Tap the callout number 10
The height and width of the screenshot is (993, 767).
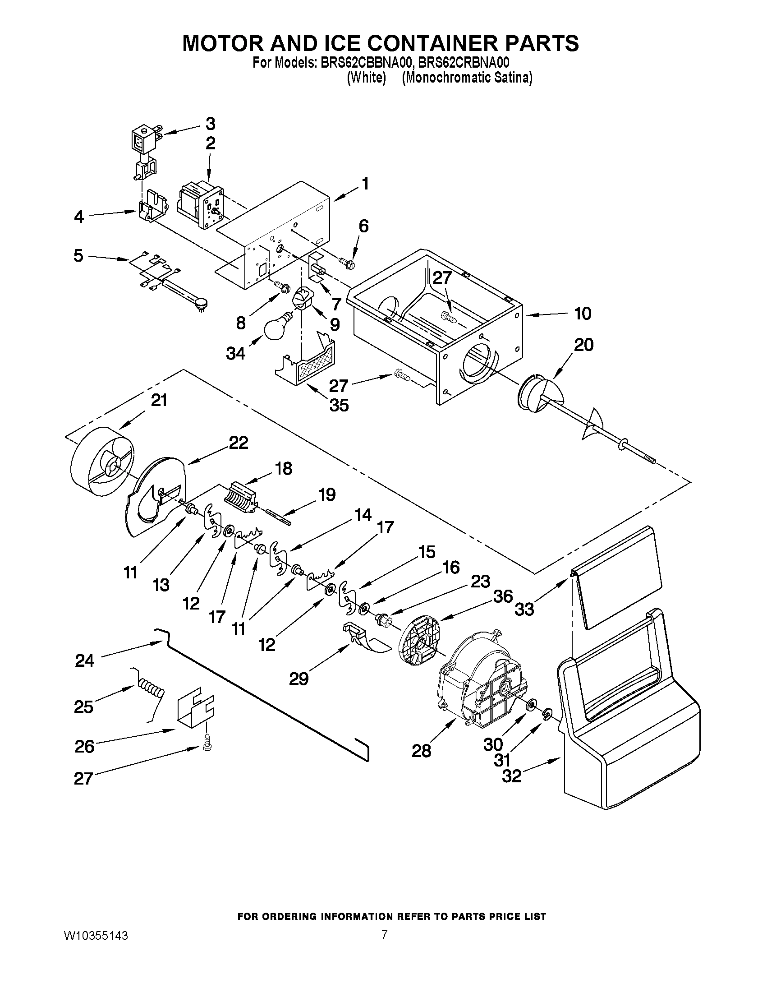(583, 313)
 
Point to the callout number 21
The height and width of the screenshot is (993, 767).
(159, 400)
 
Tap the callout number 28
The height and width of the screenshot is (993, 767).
(421, 750)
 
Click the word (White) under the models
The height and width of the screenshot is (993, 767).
(366, 78)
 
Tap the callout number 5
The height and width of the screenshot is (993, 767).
(78, 255)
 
